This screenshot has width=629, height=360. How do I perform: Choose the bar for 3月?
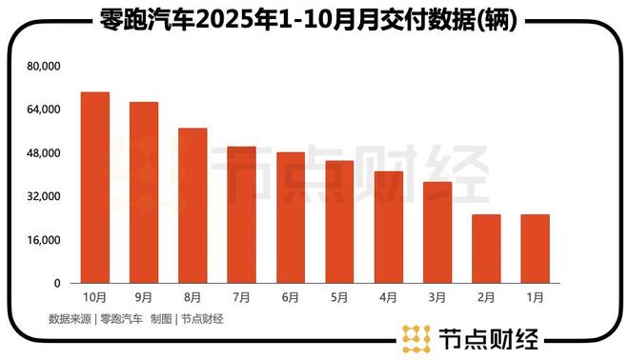(x=437, y=232)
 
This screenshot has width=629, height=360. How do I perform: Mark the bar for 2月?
(x=486, y=249)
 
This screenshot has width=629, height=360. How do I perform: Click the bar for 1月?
(x=535, y=249)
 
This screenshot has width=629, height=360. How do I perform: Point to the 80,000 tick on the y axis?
(x=44, y=67)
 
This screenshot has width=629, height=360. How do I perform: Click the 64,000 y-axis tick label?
(x=44, y=110)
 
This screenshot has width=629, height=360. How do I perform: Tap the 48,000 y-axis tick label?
(x=44, y=153)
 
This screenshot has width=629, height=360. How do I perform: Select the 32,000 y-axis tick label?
(x=44, y=197)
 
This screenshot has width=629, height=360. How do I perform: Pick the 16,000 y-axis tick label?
(x=44, y=240)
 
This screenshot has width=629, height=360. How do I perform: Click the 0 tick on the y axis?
(x=56, y=284)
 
